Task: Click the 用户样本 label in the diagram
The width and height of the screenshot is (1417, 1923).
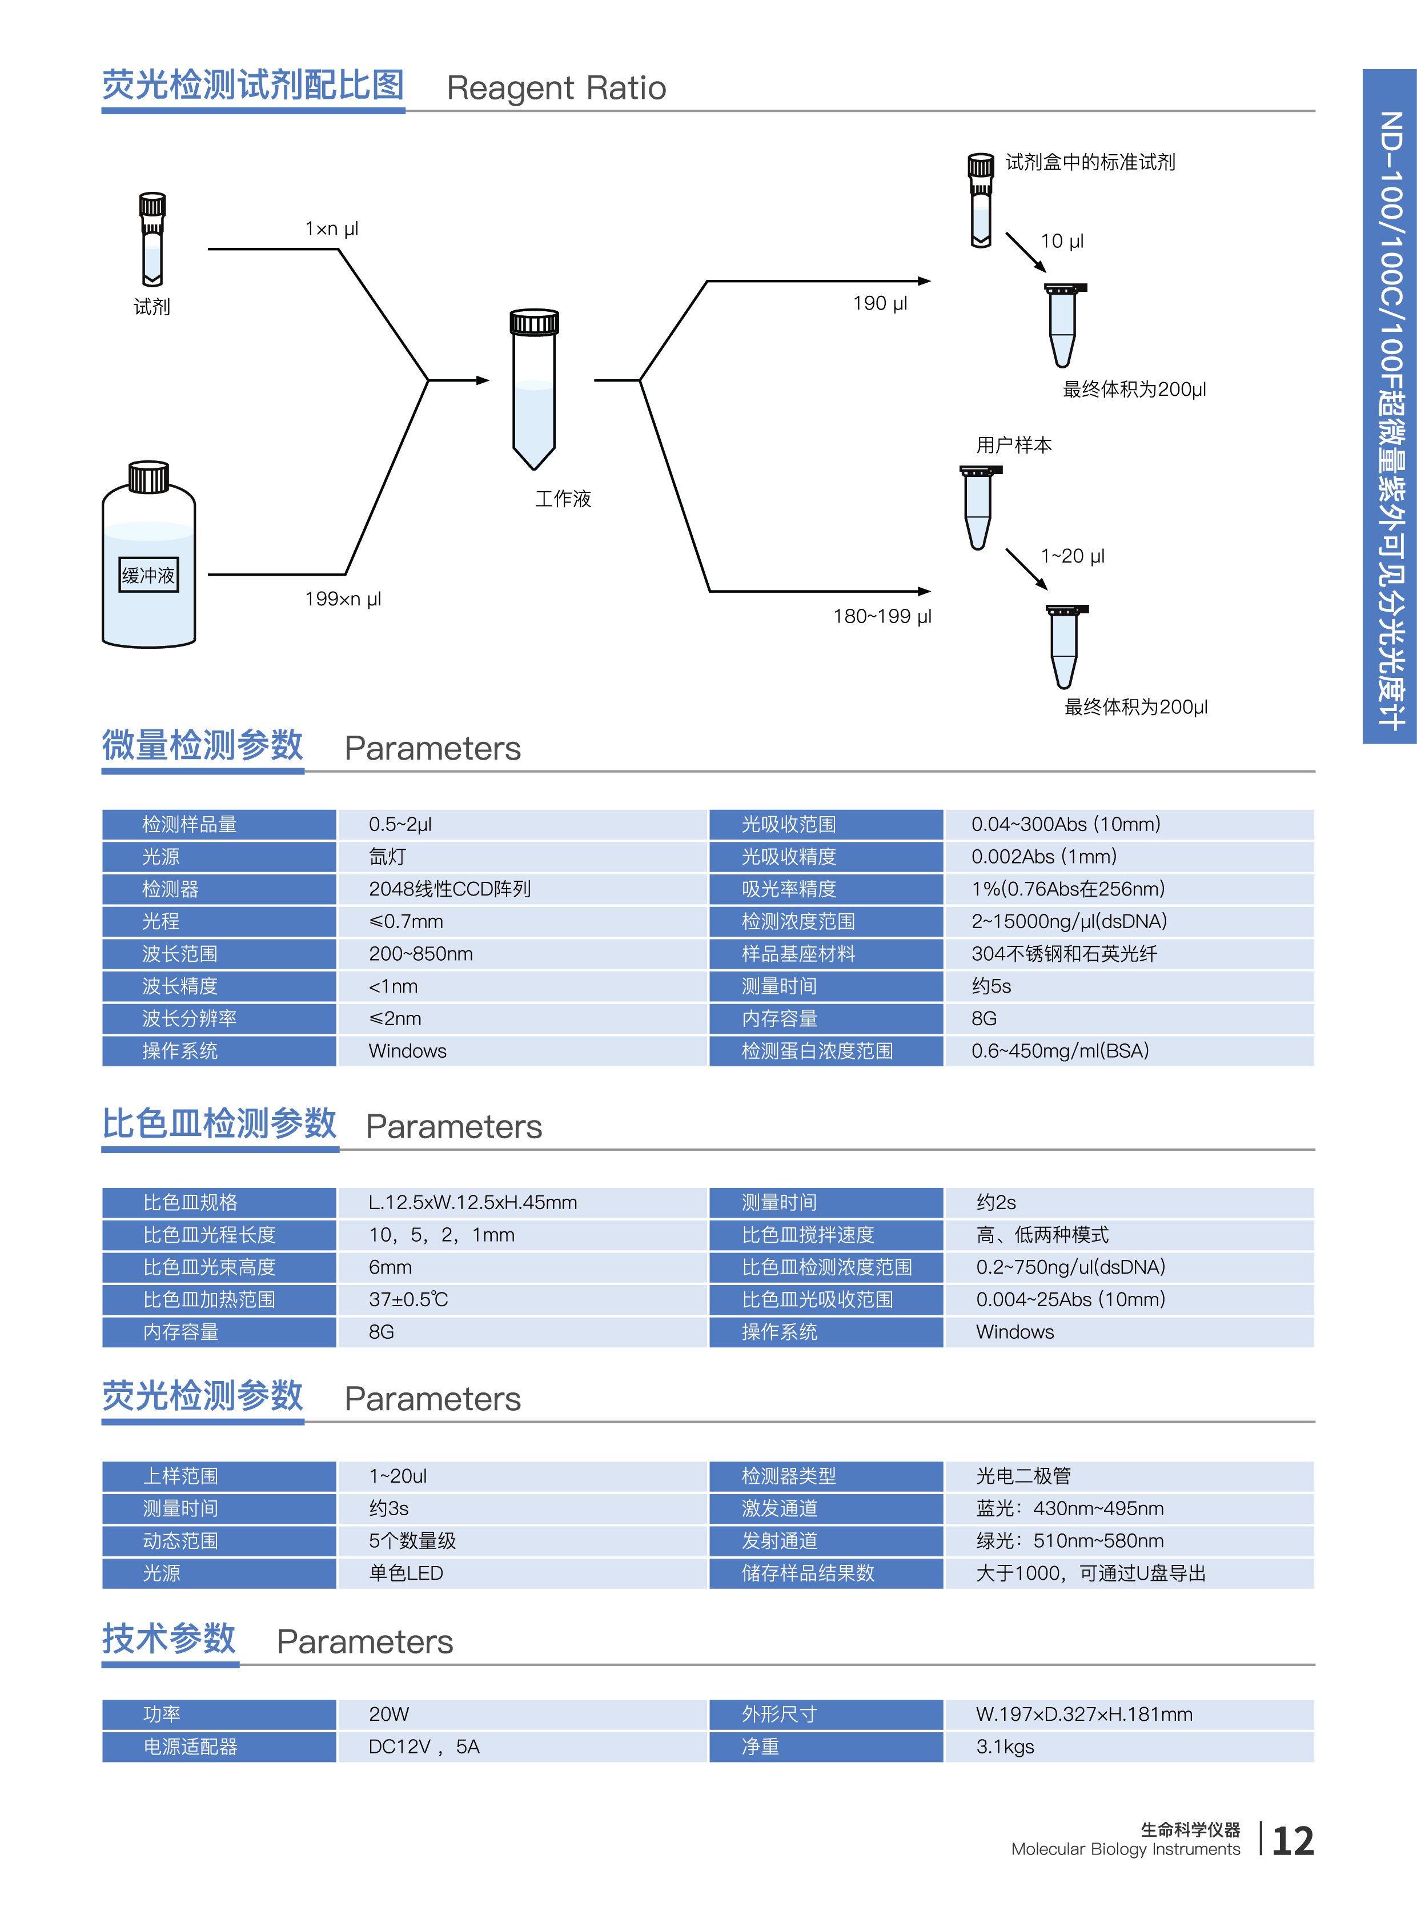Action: tap(1014, 445)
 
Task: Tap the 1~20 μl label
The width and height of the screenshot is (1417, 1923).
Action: tap(1072, 556)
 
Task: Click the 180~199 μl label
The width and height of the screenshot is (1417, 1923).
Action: tap(882, 616)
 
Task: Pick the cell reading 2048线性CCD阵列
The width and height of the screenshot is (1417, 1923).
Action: tap(449, 889)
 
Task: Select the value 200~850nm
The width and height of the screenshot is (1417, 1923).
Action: tap(420, 954)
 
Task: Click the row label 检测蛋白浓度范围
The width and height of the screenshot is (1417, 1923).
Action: tap(817, 1051)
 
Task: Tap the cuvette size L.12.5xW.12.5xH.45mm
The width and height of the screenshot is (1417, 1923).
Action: tap(473, 1203)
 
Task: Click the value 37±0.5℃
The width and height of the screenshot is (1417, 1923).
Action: tap(408, 1299)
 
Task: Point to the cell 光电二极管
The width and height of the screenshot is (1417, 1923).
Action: tap(1023, 1476)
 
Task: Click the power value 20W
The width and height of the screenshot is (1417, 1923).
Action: tap(388, 1715)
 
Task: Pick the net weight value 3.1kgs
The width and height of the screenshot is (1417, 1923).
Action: tap(1005, 1747)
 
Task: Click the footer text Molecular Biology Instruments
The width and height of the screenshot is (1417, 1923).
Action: tap(1125, 1849)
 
